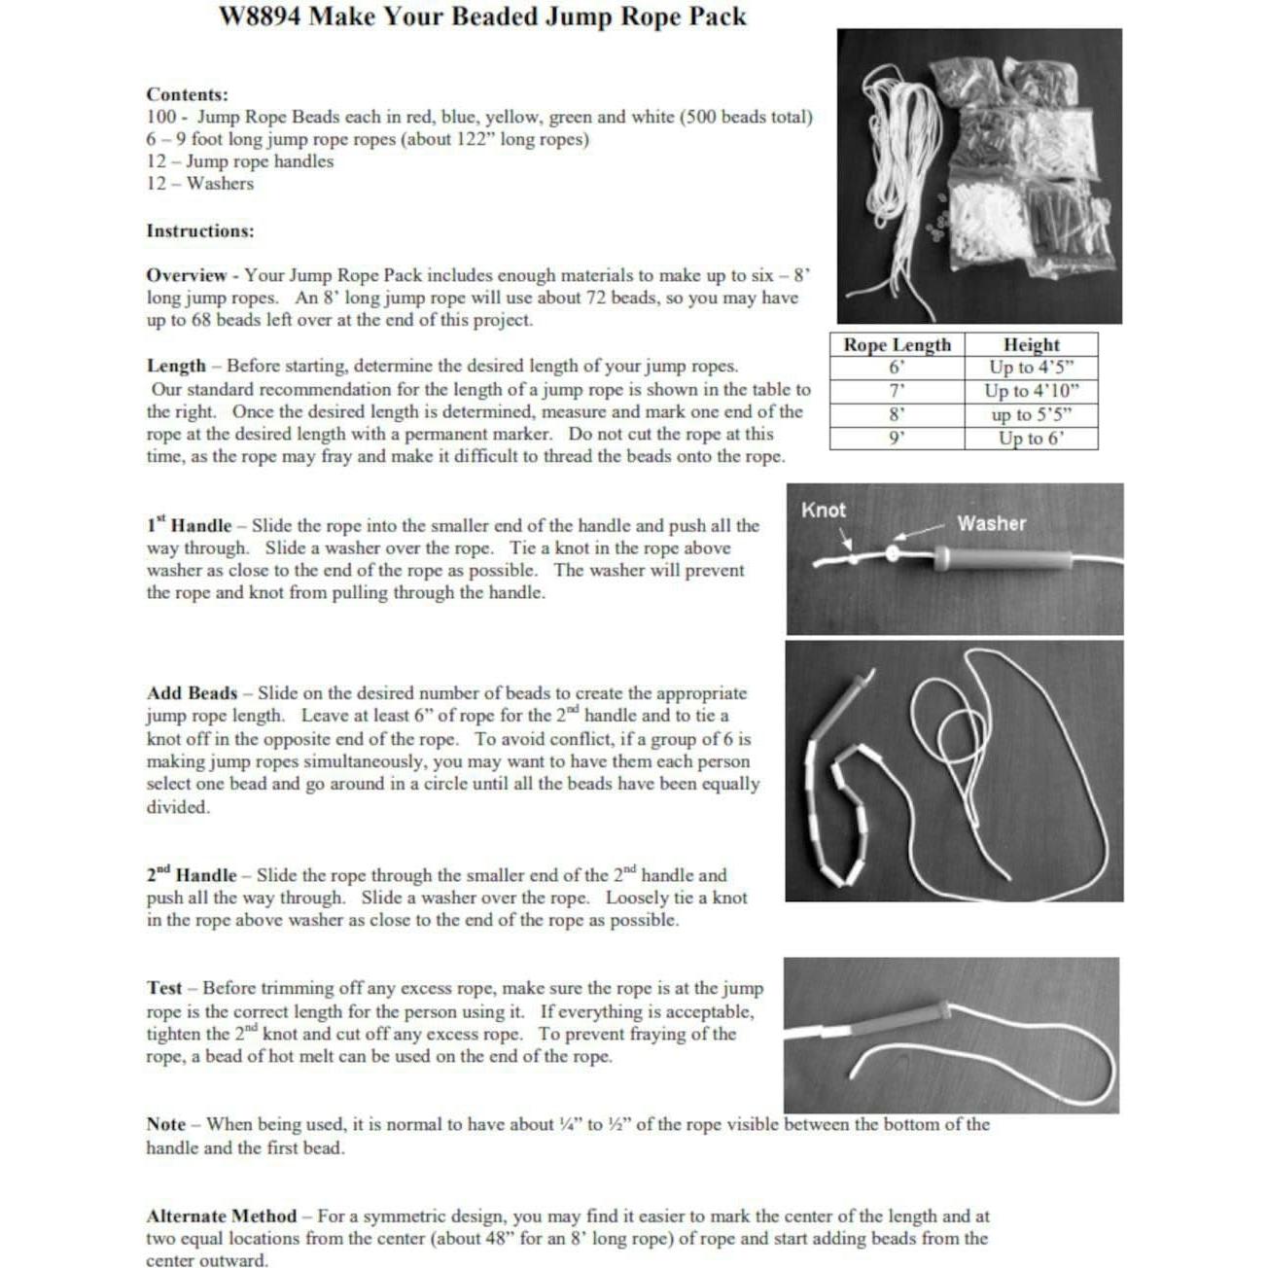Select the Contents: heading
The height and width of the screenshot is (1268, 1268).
187,94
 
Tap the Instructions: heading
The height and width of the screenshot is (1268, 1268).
199,230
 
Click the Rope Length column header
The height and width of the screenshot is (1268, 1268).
897,345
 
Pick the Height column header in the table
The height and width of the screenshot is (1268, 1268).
1031,345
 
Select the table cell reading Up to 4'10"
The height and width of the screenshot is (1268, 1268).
1031,391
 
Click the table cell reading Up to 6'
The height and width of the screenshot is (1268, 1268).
1031,439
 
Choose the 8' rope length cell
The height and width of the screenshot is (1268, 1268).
897,414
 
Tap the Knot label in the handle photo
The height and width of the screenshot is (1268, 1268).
823,511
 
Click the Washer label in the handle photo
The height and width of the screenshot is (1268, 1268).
991,523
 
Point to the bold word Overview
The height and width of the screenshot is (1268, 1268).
186,276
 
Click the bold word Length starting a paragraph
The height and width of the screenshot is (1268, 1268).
176,367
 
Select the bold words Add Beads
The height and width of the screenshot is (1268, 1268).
192,693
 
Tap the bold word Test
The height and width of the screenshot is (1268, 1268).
164,988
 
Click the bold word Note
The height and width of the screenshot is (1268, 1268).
165,1125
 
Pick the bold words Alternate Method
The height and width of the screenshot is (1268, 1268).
221,1216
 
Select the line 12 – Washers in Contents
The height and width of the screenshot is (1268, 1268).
199,184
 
